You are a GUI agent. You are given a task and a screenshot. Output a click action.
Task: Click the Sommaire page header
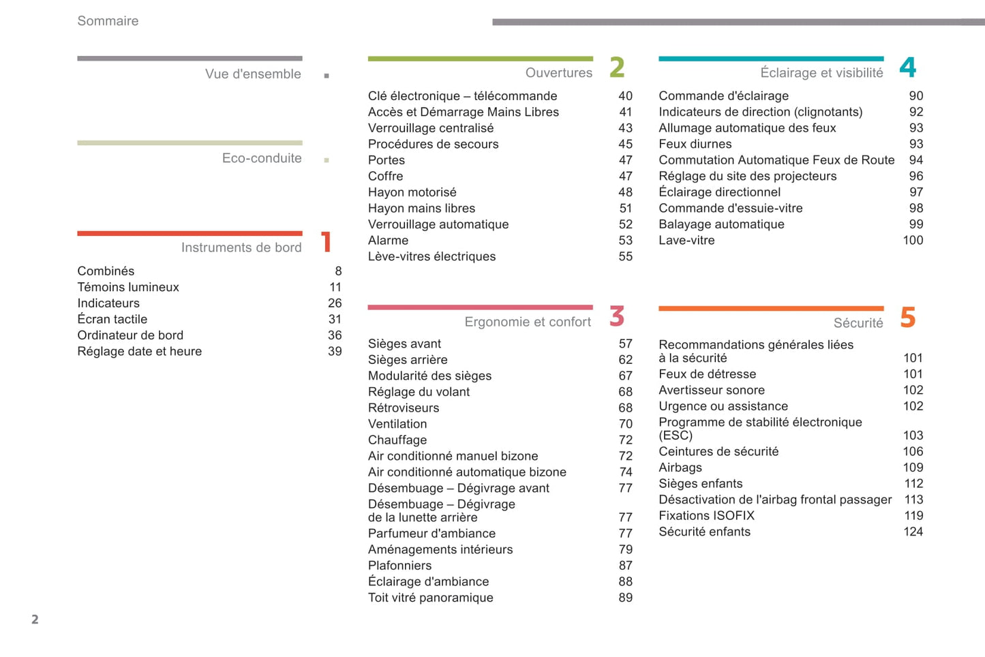point(108,21)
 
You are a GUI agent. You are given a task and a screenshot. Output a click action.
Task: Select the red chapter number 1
point(327,242)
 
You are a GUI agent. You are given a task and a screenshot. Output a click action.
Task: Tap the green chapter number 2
point(617,67)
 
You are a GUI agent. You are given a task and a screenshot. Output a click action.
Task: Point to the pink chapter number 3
point(617,316)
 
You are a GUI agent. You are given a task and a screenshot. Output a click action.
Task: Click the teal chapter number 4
point(907,67)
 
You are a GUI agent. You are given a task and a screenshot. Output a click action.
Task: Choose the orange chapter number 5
point(907,318)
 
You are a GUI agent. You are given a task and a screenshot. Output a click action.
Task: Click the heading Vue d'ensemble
point(253,74)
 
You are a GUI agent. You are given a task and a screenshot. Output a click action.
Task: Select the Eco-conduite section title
point(262,158)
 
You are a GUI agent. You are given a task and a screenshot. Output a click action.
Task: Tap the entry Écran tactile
point(112,319)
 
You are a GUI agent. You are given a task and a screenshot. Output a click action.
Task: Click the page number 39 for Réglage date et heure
point(335,351)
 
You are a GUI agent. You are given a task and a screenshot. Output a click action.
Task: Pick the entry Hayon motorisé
point(412,192)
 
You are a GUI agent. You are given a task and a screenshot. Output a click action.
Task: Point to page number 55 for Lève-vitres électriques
point(625,256)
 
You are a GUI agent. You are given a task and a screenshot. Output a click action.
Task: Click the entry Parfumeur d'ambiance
point(431,533)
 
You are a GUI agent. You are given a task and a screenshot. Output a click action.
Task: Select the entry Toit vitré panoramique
point(431,597)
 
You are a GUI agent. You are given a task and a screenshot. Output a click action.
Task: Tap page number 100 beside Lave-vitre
point(913,240)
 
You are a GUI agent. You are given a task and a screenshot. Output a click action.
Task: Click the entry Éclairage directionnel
point(719,192)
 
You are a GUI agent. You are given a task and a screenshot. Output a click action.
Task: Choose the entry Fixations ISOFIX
point(706,515)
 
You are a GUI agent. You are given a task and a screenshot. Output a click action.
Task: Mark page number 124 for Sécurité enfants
point(913,532)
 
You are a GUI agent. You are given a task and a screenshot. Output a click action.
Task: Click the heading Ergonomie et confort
point(528,322)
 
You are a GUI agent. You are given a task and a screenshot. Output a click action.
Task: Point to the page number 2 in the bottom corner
point(35,620)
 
